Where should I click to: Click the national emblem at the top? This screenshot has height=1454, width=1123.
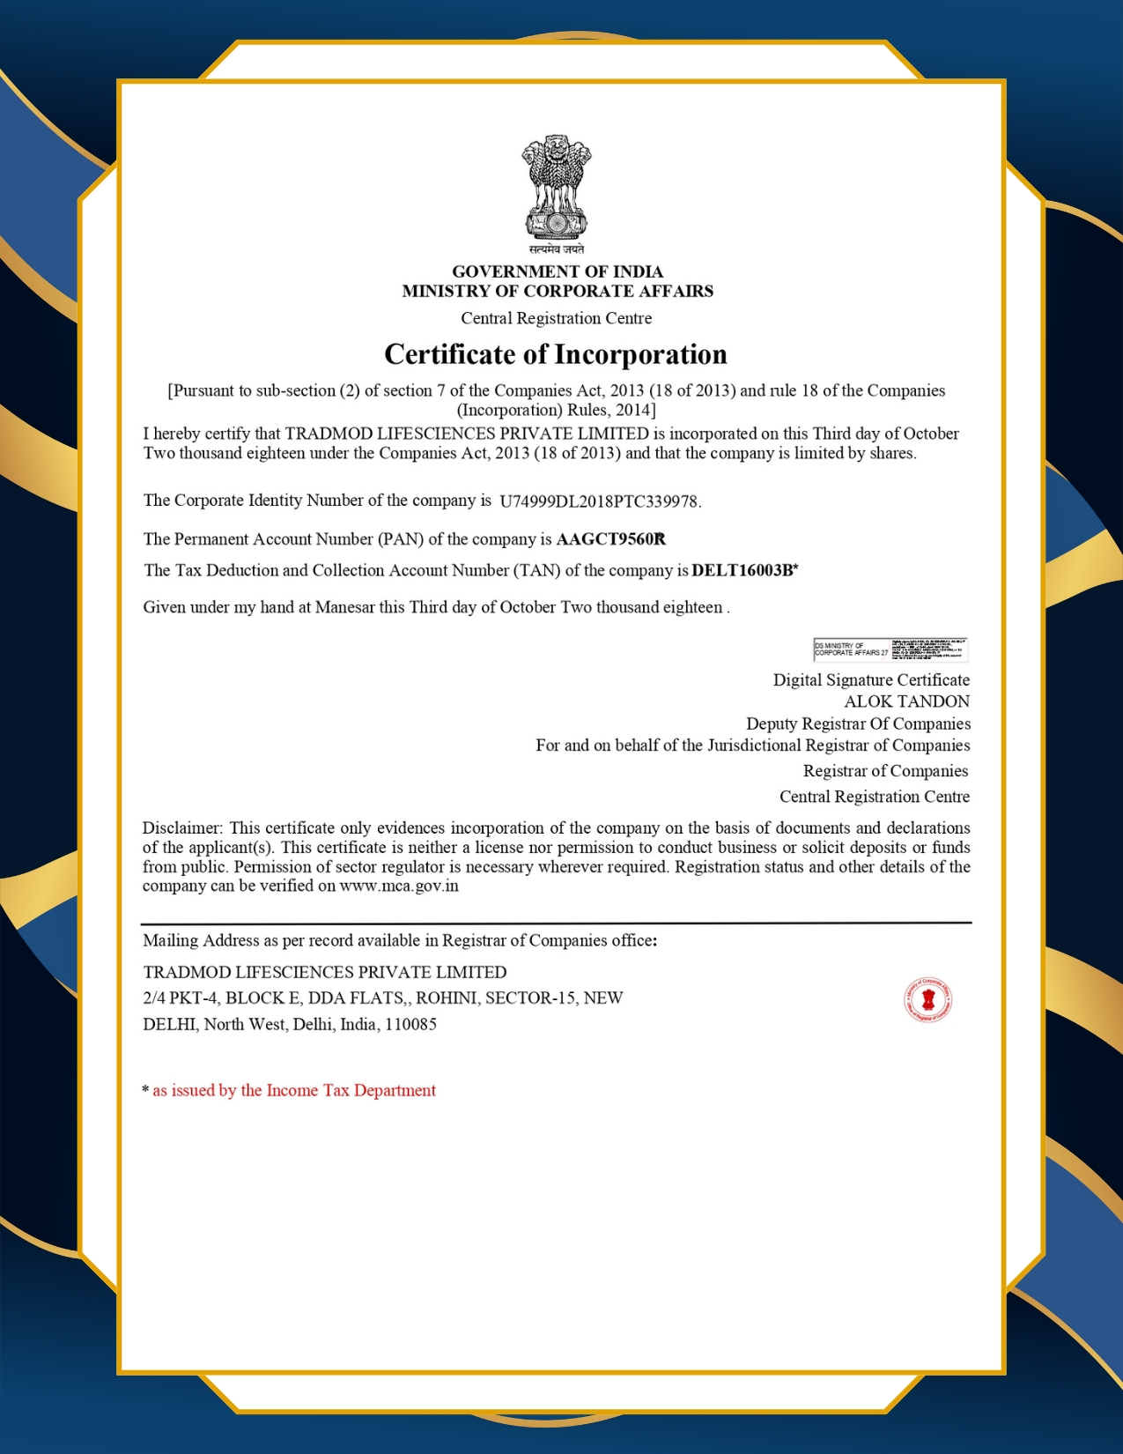[x=556, y=186]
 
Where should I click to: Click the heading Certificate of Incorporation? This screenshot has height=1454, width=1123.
[x=556, y=354]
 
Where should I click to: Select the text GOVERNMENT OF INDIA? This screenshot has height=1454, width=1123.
[x=558, y=271]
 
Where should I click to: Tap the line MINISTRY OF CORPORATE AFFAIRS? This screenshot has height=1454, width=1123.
[x=558, y=291]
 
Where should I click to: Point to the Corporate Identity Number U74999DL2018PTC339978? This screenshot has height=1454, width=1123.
[x=599, y=501]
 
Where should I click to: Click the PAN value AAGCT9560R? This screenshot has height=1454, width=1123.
[x=610, y=539]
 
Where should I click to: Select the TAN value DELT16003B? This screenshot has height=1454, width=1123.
[x=743, y=570]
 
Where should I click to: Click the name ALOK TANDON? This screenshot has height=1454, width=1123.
[x=906, y=701]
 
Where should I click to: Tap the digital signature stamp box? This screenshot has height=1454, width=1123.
[x=890, y=649]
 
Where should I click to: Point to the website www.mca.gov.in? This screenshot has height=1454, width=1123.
[x=399, y=886]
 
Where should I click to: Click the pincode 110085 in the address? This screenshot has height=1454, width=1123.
[x=410, y=1024]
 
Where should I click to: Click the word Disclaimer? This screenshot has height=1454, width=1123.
[x=182, y=827]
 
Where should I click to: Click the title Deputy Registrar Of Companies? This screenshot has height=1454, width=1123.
[x=858, y=723]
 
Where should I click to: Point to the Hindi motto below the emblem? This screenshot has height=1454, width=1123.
[x=556, y=249]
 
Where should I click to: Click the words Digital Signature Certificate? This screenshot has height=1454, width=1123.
[x=871, y=679]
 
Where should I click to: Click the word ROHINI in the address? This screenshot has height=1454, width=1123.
[x=446, y=998]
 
